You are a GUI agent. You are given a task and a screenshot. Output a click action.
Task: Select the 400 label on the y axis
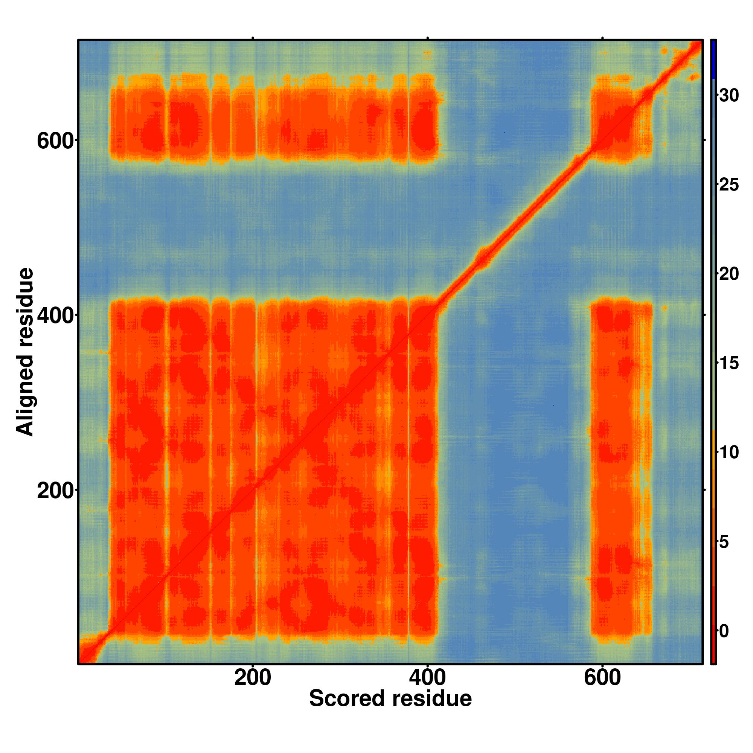[x=55, y=316]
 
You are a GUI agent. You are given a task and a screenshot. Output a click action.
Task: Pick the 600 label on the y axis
[x=55, y=141]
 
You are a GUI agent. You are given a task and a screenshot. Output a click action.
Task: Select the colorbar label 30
[x=729, y=95]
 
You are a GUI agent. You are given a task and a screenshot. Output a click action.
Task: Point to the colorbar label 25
[x=729, y=184]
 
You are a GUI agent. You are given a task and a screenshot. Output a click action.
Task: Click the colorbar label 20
[x=729, y=274]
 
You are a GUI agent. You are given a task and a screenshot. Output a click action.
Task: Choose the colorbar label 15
[x=729, y=363]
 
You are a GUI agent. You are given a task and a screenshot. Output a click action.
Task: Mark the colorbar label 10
[x=729, y=453]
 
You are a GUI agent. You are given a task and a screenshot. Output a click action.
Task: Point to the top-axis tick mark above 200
[x=253, y=38]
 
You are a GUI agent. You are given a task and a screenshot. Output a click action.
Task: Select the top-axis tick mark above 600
[x=602, y=38]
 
